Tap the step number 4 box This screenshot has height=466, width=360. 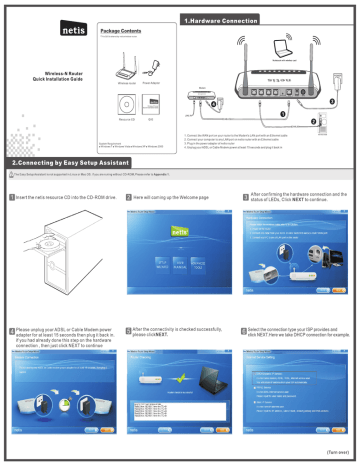(x=8, y=328)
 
